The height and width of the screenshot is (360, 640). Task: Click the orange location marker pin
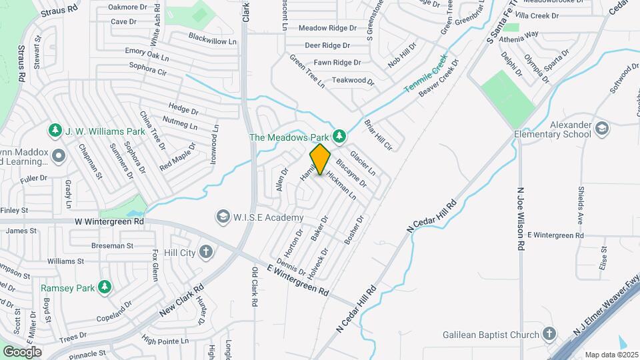click(x=320, y=159)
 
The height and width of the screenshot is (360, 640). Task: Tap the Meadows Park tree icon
click(x=339, y=137)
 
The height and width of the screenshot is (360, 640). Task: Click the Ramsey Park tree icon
click(x=104, y=287)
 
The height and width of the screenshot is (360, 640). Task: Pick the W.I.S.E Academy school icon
click(x=223, y=217)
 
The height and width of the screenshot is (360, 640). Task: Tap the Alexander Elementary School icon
click(x=602, y=128)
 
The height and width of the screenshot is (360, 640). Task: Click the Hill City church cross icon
click(x=206, y=252)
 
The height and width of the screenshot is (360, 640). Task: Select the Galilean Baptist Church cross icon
click(x=549, y=334)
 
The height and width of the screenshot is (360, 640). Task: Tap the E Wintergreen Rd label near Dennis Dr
click(x=298, y=280)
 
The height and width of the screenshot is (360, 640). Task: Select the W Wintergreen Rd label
click(x=109, y=221)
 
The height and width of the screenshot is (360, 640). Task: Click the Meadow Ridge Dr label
click(x=327, y=28)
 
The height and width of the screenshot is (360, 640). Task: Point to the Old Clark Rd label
click(x=254, y=287)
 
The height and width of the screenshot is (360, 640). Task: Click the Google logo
click(x=22, y=351)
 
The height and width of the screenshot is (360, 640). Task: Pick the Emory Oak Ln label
click(x=147, y=53)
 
